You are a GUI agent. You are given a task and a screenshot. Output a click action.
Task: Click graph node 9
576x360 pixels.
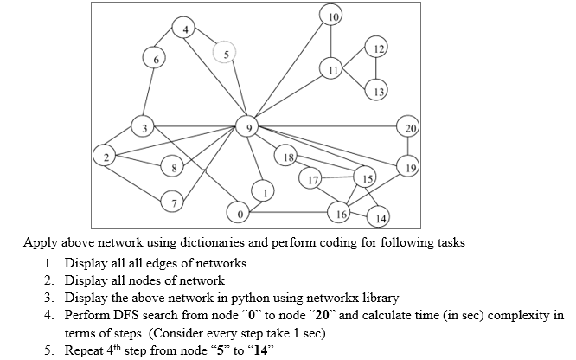[247, 126]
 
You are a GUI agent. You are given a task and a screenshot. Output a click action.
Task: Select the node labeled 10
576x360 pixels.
[331, 15]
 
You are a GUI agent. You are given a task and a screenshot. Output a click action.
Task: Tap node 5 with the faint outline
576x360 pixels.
[225, 52]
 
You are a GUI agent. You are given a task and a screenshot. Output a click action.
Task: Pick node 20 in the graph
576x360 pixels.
[408, 126]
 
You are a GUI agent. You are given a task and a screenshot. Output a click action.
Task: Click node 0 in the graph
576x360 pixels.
[239, 213]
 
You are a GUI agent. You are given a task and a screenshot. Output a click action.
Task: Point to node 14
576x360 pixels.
[378, 217]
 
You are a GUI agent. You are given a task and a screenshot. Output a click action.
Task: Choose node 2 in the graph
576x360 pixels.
[105, 156]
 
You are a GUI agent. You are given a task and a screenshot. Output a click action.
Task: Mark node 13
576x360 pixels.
[376, 90]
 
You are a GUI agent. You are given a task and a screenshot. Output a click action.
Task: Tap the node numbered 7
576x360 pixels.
[172, 202]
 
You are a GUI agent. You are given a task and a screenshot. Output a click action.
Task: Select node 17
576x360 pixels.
[310, 179]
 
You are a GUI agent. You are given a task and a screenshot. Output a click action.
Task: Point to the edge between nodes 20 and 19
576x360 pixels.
[408, 146]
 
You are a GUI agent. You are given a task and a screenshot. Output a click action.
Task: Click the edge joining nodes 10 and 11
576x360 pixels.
[331, 42]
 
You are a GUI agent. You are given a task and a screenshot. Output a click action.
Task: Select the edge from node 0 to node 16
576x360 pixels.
[289, 212]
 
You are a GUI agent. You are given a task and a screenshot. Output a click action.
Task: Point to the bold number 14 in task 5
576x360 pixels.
[260, 350]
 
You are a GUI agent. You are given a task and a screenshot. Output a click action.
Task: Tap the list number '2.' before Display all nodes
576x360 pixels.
[49, 280]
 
